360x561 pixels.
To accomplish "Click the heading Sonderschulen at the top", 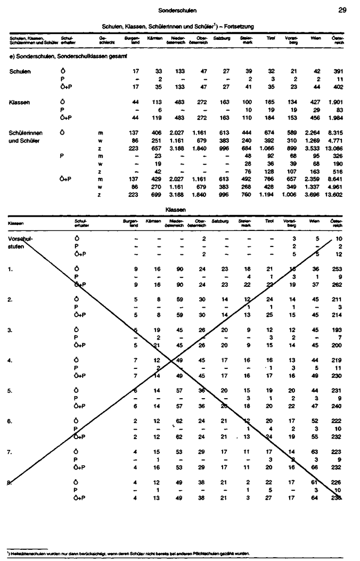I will (x=178, y=10).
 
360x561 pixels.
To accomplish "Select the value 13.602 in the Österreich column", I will (x=333, y=195).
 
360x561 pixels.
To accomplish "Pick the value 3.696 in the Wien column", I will (x=309, y=195).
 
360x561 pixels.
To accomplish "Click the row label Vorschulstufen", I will (x=19, y=243).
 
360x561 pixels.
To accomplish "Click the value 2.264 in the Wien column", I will (x=309, y=133).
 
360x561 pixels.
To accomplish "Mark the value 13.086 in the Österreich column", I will (x=333, y=148).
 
